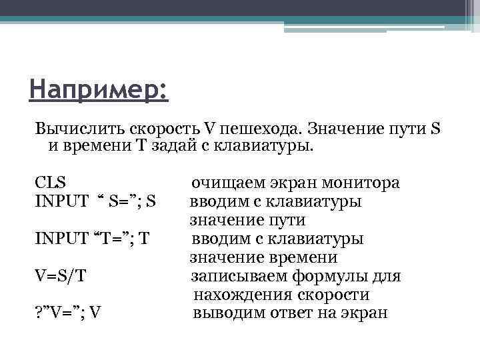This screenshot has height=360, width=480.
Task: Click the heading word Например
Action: (98, 89)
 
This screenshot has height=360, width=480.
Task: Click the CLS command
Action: (50, 182)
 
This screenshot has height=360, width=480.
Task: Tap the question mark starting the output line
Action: (37, 312)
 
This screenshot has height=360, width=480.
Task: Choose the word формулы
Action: (336, 275)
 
